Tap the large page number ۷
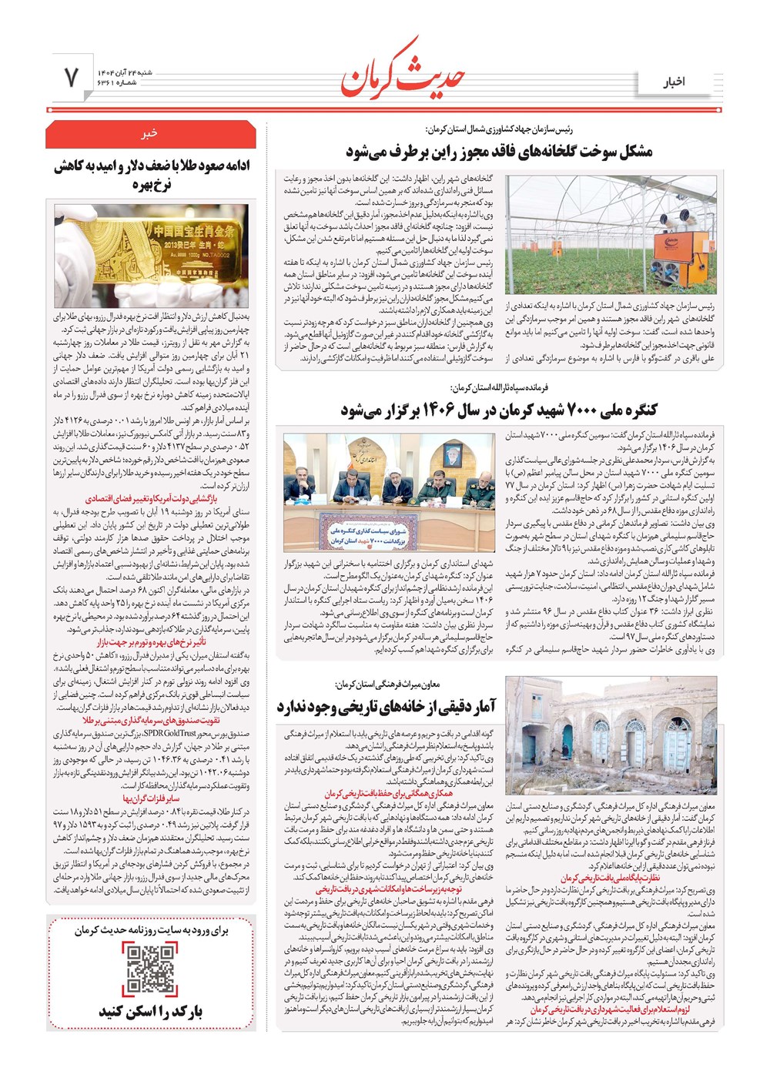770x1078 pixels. point(71,78)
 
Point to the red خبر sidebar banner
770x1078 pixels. point(150,134)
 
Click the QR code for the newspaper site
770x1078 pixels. point(151,969)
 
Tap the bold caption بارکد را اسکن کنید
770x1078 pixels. point(151,1011)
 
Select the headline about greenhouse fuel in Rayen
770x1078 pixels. point(499,152)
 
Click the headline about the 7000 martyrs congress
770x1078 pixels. point(499,410)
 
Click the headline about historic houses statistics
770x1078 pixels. point(387,705)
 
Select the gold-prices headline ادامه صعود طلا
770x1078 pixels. point(151,175)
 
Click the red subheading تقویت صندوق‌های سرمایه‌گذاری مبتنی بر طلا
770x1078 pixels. point(151,721)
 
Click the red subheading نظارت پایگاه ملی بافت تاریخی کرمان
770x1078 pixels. point(610,878)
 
